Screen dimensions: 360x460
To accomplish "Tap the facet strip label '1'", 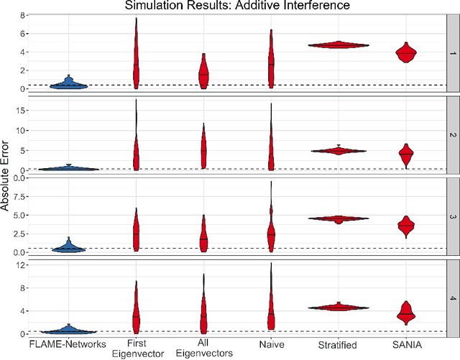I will click(x=451, y=53).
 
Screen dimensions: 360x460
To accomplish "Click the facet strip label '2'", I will click(x=451, y=134).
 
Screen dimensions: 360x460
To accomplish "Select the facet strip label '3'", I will click(x=451, y=216).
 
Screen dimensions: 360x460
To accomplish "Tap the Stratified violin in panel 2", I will click(x=339, y=151).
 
